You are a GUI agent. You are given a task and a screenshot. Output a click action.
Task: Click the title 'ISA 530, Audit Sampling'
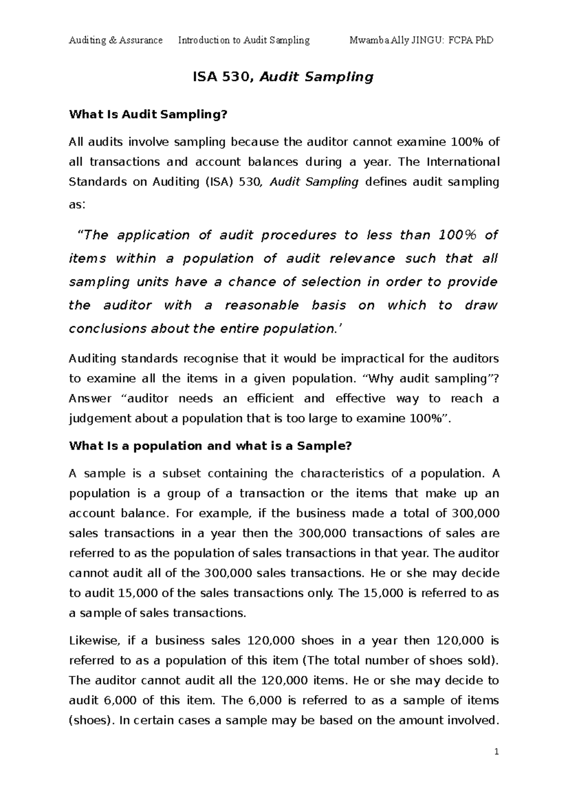(x=283, y=77)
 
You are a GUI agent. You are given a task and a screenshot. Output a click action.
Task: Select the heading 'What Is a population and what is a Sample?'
(x=211, y=446)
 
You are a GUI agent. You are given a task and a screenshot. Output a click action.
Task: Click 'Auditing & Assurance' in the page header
(x=115, y=40)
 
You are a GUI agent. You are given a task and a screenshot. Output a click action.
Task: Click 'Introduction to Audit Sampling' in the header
(x=244, y=40)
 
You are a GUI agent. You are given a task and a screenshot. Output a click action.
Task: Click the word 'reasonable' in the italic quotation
(x=262, y=305)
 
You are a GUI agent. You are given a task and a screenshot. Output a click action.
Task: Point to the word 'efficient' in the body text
(x=270, y=399)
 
